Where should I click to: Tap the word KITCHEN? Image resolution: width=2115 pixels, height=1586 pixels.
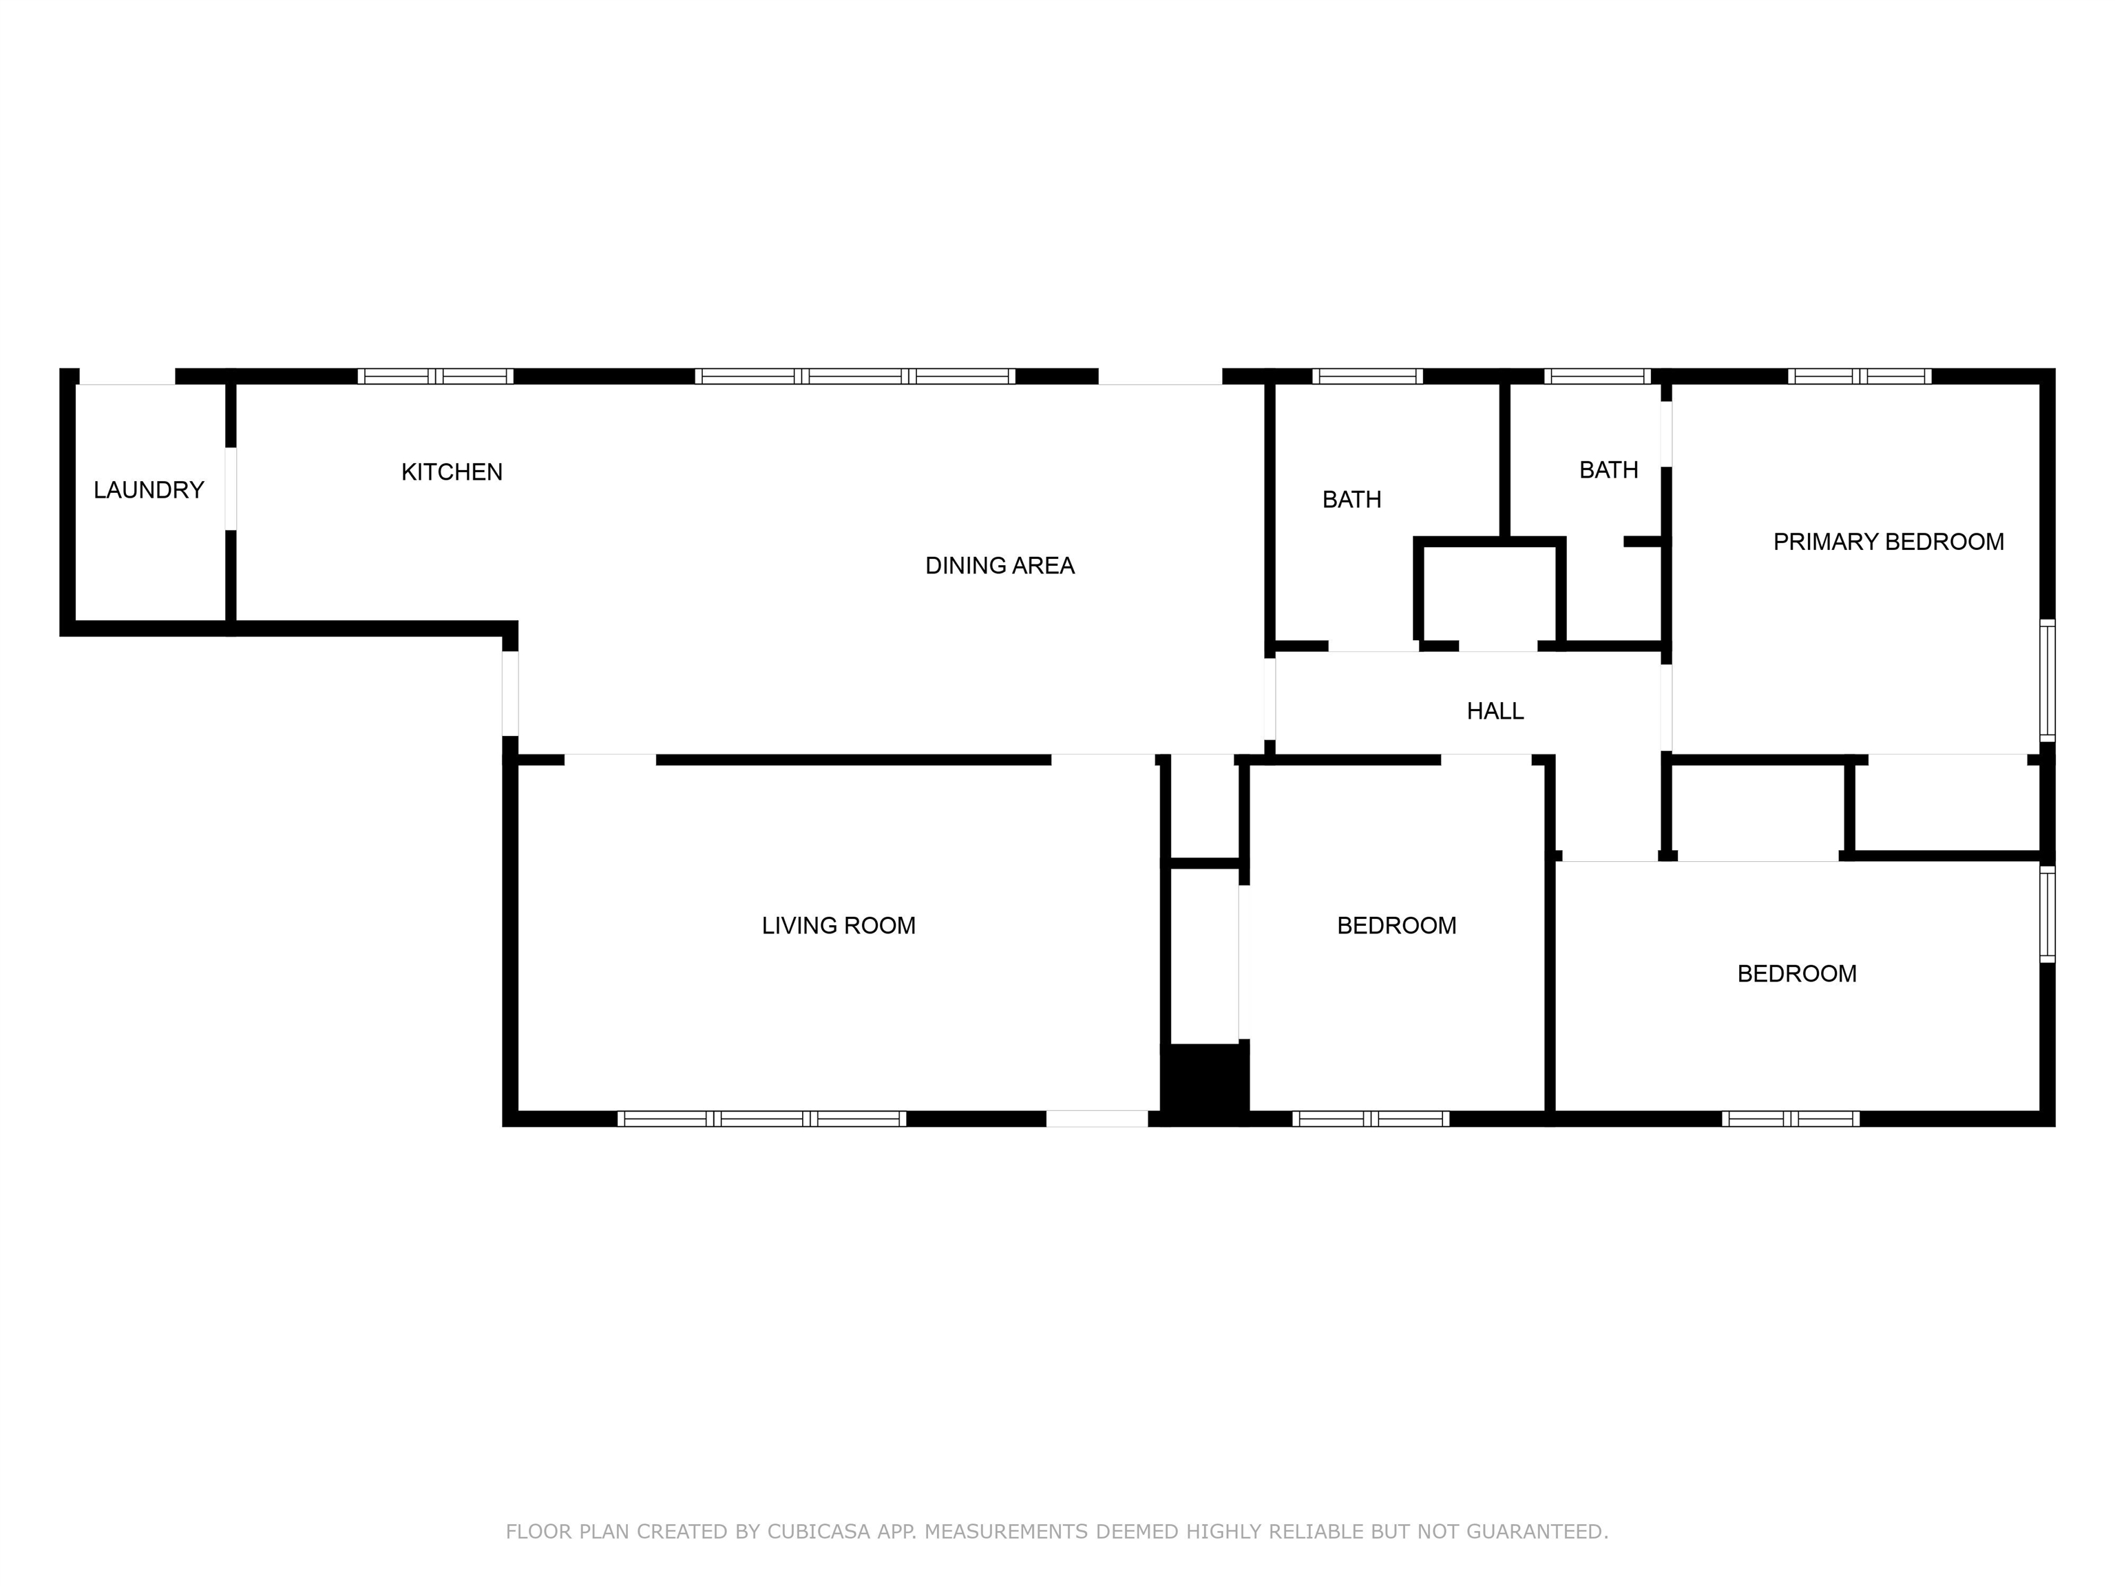[x=452, y=472]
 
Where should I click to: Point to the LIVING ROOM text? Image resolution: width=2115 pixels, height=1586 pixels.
[x=838, y=925]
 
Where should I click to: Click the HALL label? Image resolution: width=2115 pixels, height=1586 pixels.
[x=1495, y=711]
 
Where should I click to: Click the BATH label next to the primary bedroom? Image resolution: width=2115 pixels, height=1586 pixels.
[x=1608, y=470]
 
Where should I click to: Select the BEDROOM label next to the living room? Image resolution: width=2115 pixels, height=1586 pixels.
[x=1396, y=925]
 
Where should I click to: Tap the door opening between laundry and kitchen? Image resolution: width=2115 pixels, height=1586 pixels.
[x=231, y=489]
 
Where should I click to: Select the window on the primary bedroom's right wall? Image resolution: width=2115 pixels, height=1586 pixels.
[x=2047, y=681]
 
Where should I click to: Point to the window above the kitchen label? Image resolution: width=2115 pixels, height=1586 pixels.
[x=435, y=377]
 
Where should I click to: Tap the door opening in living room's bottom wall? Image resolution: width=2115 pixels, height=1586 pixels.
[x=1096, y=1119]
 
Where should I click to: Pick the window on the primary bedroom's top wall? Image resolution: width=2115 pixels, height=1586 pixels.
[x=1859, y=377]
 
